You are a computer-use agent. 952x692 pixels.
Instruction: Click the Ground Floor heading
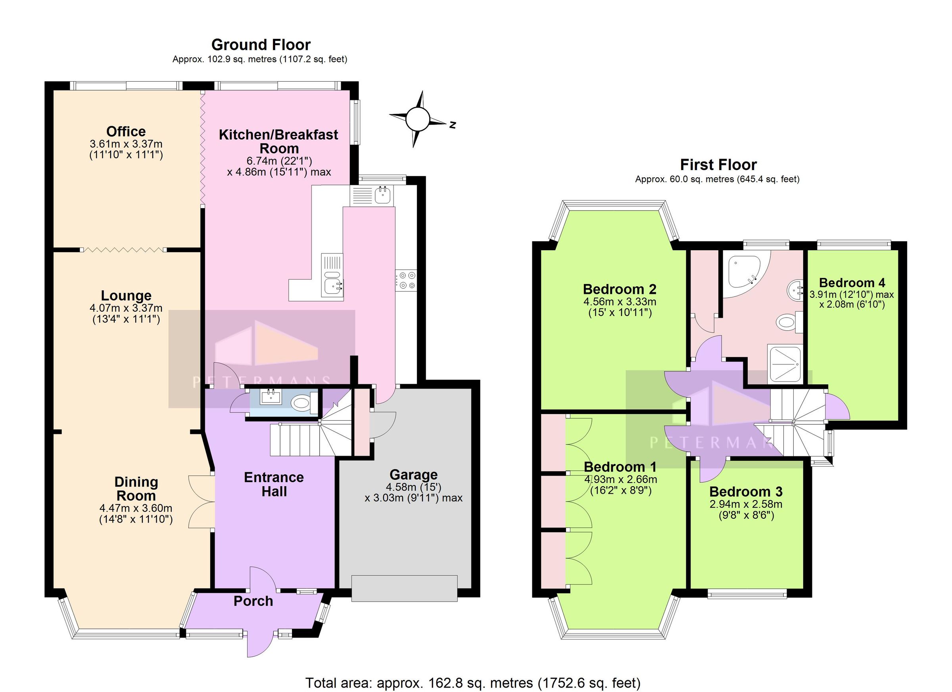pos(261,45)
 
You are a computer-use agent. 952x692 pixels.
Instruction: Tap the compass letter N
pos(452,125)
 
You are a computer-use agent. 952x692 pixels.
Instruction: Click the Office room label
pos(126,131)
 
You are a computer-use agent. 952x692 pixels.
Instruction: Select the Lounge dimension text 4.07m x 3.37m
pos(126,309)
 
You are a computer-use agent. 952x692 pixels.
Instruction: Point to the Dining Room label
pos(136,489)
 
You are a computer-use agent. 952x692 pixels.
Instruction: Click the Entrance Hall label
pos(274,484)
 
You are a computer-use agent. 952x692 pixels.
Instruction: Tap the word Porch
pos(253,601)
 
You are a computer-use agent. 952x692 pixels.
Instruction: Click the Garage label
pos(413,475)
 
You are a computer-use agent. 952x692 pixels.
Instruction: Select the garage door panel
pos(404,588)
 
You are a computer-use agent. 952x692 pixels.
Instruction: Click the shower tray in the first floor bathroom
pos(785,364)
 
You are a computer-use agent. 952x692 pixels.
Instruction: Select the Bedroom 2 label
pos(619,289)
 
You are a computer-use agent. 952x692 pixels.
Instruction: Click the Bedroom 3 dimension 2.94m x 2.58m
pos(745,504)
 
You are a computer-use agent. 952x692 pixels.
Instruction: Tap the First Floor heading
pos(718,165)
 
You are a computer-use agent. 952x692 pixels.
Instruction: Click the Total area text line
pos(473,683)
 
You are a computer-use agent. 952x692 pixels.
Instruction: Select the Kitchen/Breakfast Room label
pos(278,142)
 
